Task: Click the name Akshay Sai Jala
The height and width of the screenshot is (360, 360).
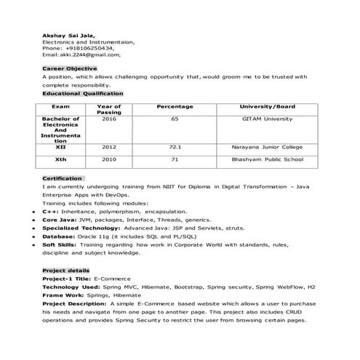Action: click(67, 36)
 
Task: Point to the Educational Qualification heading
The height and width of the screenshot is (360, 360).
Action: click(82, 93)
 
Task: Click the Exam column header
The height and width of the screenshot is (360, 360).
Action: click(60, 107)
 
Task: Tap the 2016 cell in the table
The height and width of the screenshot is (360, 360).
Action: click(109, 119)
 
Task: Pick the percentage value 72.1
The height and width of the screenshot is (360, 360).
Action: click(175, 147)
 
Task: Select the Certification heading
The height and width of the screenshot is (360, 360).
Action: click(62, 178)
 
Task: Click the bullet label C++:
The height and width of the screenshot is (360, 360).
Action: click(51, 211)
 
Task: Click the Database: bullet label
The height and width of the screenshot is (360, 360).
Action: click(58, 236)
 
